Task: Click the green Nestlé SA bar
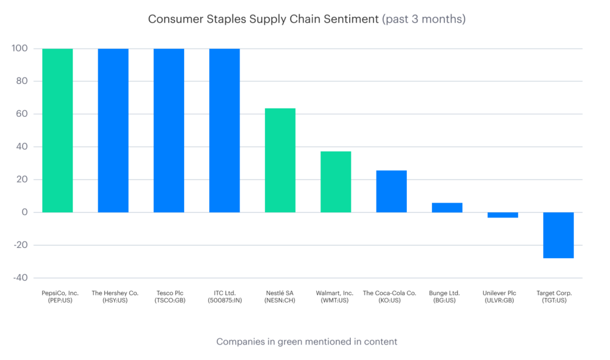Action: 280,160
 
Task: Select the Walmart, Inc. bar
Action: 335,182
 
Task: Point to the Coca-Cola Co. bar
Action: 391,191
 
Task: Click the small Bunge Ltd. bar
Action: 447,207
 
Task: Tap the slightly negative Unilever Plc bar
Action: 503,215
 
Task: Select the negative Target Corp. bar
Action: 558,235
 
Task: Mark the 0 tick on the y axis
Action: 24,212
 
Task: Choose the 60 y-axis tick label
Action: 21,114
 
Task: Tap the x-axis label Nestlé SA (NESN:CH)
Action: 280,296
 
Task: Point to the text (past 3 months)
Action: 424,19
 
